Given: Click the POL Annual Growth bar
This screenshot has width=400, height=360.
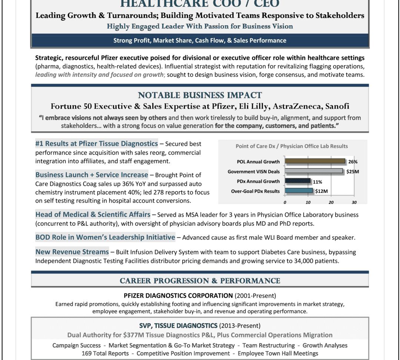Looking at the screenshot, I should coord(315,161).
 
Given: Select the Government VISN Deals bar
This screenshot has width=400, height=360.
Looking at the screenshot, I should coord(314,171).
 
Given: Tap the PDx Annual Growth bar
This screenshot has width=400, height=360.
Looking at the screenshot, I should coord(298,181).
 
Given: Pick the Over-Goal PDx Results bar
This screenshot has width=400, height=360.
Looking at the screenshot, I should coord(299,191).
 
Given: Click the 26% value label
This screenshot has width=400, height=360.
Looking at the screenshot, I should coord(353,162).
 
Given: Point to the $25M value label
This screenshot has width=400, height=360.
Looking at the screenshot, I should coord(353,172).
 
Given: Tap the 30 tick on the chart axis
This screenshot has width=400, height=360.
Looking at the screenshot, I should coord(354,202).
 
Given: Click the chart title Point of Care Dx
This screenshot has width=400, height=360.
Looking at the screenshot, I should coord(291,146).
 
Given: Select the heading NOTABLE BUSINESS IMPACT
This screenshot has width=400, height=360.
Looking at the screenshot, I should coord(200,95).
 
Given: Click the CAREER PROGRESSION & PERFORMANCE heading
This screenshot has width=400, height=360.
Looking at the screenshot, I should coord(200,281).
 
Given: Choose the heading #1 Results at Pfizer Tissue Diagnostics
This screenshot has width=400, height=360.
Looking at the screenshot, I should coord(97,143).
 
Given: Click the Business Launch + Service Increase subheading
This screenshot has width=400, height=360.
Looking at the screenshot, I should coord(92,175).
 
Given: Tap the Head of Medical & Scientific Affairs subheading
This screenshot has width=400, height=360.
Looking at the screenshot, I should coord(93,214).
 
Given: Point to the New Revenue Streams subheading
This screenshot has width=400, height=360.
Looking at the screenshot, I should coord(72,252).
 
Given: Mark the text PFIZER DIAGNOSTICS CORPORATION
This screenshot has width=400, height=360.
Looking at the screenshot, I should coord(178,296).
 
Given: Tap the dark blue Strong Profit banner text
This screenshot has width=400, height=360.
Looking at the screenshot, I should coord(200,40).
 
